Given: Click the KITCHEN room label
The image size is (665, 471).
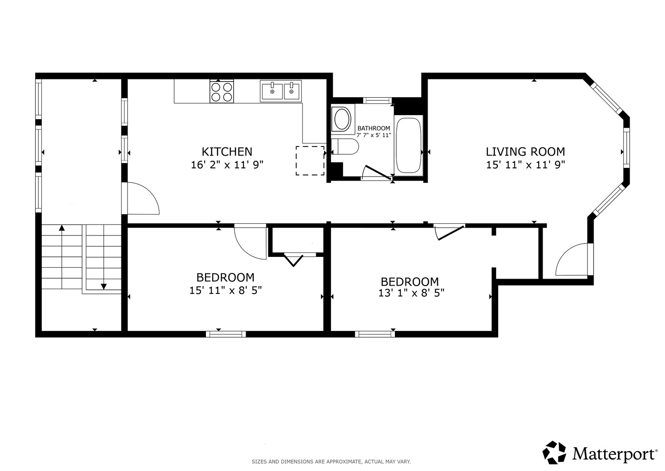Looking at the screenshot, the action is tap(227, 152).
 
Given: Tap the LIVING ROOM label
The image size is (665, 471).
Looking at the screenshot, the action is tap(525, 152).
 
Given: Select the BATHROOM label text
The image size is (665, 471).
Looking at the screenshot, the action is tap(374, 128).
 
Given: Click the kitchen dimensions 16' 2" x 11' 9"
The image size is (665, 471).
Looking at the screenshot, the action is tap(227, 164).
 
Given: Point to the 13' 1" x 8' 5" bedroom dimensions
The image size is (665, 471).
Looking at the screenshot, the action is tap(411, 293).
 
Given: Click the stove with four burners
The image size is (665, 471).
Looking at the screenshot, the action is tap(222, 92).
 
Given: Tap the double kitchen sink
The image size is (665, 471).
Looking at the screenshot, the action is tap(281, 91).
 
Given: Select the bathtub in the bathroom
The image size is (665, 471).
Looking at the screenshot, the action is tap(408, 146).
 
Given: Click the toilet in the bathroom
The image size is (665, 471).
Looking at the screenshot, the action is tap(345, 147).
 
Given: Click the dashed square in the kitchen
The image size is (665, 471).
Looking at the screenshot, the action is tap(310, 160).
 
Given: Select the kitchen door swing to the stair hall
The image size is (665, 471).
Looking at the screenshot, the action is tap(147, 193).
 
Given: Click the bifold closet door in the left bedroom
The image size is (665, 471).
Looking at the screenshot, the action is tap(294, 260).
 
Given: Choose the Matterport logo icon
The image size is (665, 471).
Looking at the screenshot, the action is tap(554, 452).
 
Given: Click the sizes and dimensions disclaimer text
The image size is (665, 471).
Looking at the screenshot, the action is tap(331, 462).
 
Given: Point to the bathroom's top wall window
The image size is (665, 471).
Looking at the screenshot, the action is tap(377, 100).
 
